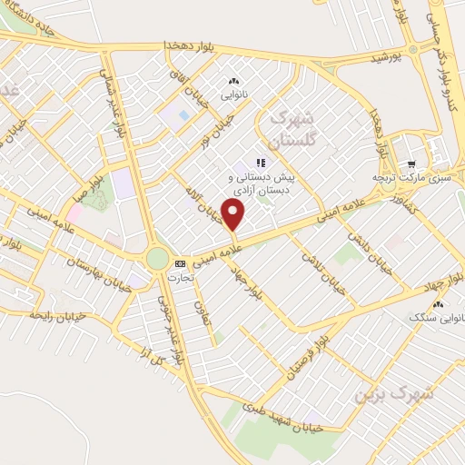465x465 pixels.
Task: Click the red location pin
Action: point(234,215)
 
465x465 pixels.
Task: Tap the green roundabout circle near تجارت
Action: point(158,259)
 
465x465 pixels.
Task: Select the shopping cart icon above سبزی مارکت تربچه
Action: point(411,164)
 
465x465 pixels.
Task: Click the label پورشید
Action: point(385,58)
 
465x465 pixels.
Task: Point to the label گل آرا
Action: point(145,350)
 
